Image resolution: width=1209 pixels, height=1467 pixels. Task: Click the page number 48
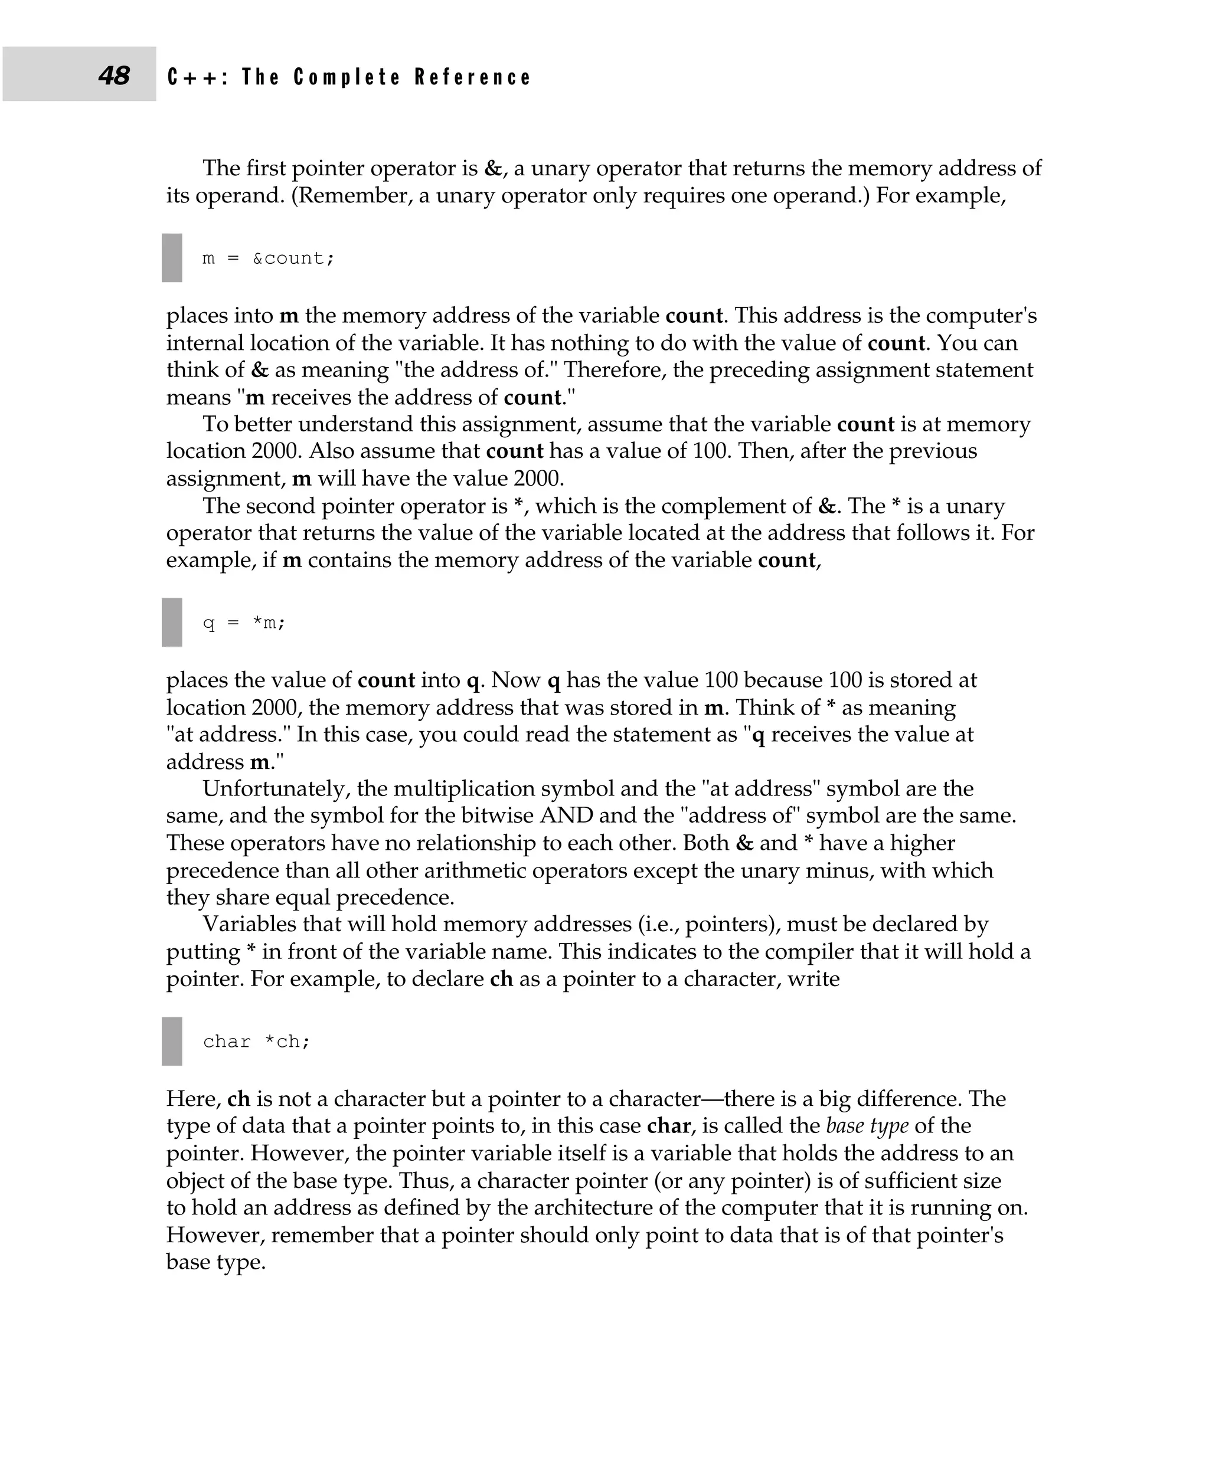click(x=113, y=75)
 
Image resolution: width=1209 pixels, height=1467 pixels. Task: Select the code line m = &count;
click(x=268, y=258)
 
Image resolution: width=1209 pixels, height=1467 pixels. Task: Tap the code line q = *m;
click(x=244, y=623)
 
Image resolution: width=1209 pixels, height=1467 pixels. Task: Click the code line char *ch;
click(x=256, y=1042)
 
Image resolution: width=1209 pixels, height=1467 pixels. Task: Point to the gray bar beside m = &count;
click(x=171, y=258)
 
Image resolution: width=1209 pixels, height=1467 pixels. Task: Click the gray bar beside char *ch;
click(x=171, y=1042)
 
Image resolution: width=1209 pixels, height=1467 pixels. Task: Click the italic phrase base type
click(x=867, y=1126)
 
